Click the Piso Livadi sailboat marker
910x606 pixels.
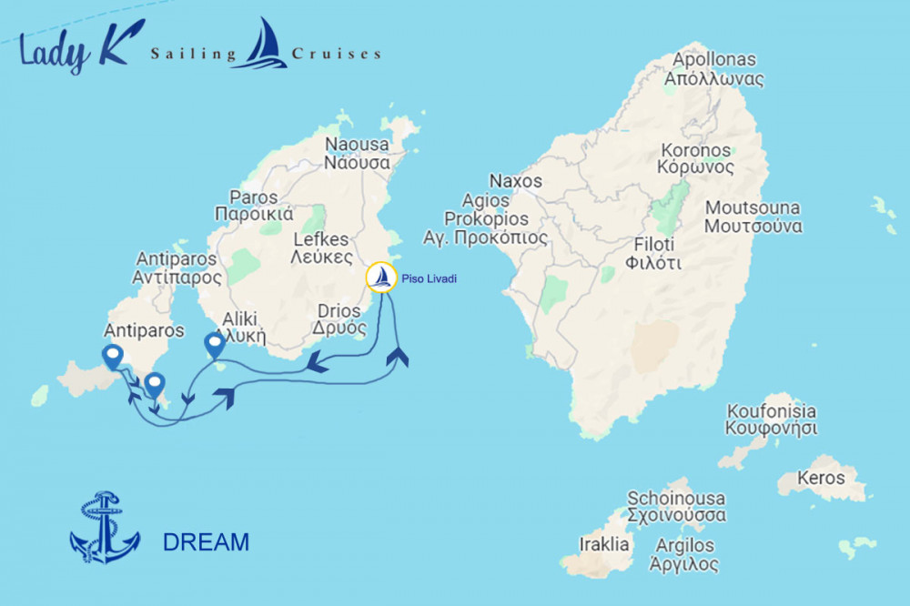pyautogui.click(x=381, y=278)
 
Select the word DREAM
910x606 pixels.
pyautogui.click(x=206, y=542)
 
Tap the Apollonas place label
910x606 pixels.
pyautogui.click(x=713, y=69)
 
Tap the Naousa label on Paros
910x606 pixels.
pyautogui.click(x=358, y=154)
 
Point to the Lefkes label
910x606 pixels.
pyautogui.click(x=320, y=248)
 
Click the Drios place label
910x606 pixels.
pyautogui.click(x=339, y=319)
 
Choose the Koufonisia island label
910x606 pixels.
pyautogui.click(x=771, y=419)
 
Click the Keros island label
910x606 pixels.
pyautogui.click(x=820, y=477)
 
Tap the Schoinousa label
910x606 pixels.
pyautogui.click(x=676, y=507)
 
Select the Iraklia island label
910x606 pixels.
pyautogui.click(x=604, y=545)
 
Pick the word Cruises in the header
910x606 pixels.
pyautogui.click(x=336, y=55)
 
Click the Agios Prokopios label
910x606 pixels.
pyautogui.click(x=496, y=219)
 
